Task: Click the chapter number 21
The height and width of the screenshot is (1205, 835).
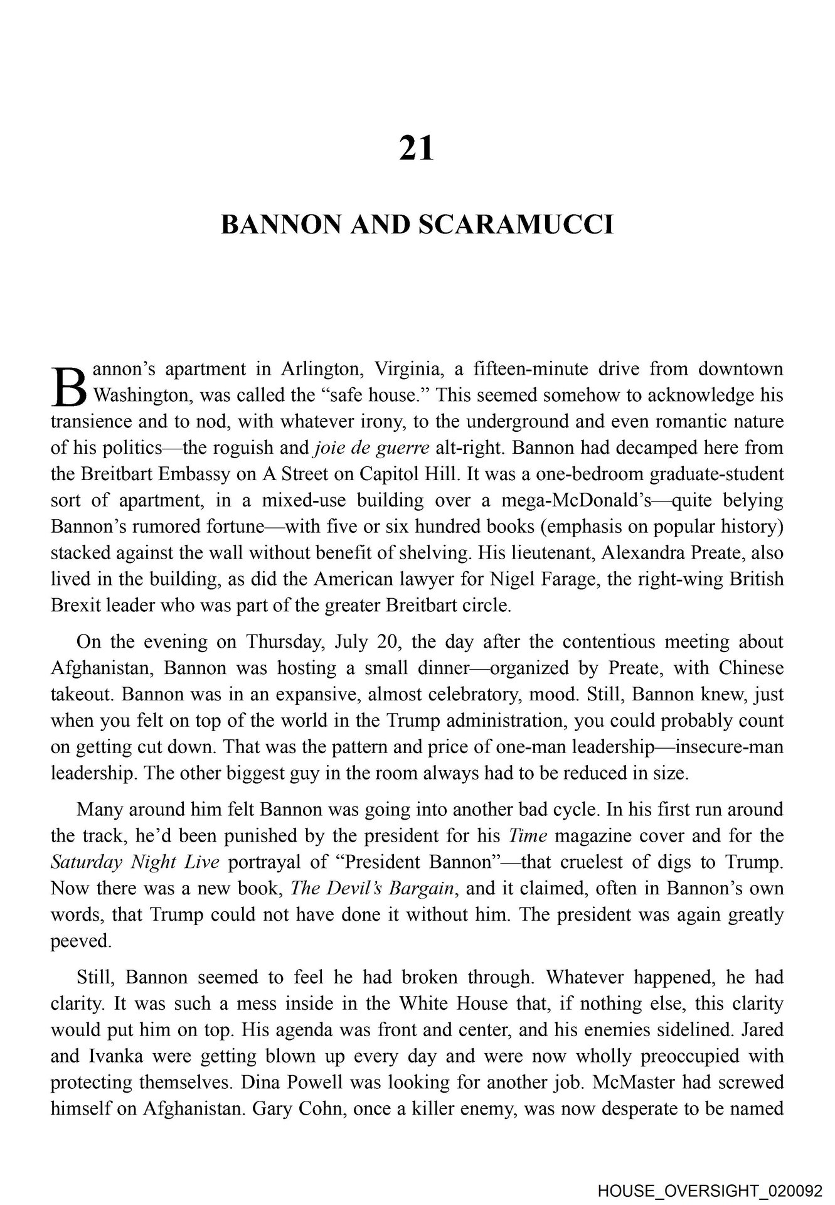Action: tap(417, 149)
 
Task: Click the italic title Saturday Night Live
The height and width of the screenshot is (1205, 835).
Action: tap(134, 862)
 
